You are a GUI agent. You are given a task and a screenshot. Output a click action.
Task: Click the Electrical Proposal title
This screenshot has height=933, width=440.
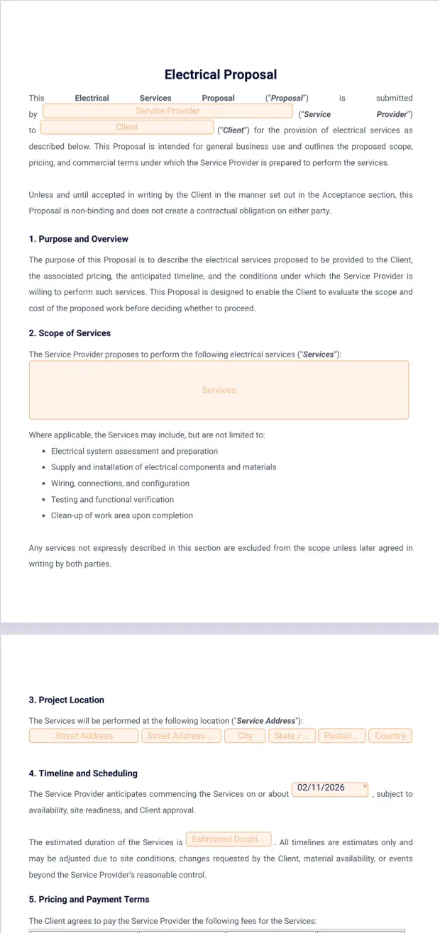(x=220, y=74)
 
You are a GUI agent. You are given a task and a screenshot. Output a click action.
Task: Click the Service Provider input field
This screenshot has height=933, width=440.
(x=167, y=111)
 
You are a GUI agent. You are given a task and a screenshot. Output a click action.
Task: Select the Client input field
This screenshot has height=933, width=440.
(x=127, y=128)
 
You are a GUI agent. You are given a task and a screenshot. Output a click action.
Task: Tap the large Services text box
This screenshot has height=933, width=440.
(x=219, y=390)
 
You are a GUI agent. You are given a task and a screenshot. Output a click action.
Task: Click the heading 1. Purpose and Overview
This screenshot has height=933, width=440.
(x=78, y=239)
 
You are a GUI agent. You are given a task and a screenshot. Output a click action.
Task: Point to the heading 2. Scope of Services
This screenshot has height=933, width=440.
(x=70, y=333)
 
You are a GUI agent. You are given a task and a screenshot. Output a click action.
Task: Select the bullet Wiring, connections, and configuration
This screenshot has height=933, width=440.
(x=120, y=484)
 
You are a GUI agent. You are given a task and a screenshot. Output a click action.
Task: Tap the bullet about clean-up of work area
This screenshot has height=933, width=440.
(x=121, y=516)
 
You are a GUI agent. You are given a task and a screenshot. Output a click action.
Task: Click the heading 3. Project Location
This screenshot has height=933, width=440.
(x=66, y=700)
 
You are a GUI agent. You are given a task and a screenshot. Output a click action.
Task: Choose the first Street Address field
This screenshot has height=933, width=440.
(x=84, y=736)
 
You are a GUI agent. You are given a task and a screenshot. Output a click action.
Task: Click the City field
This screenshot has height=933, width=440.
(x=245, y=736)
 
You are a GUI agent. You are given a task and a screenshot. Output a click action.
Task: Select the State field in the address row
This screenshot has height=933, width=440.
(x=291, y=736)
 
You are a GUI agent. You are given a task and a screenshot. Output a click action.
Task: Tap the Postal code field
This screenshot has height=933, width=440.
(x=343, y=736)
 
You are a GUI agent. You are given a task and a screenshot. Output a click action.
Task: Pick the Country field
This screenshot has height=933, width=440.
(x=390, y=736)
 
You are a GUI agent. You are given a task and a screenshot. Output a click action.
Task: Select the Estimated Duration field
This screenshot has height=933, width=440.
(x=229, y=839)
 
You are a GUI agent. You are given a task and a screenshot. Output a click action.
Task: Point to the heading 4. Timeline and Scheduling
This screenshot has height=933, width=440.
(x=83, y=773)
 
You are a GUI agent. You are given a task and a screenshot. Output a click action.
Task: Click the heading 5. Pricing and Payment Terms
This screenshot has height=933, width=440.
(x=89, y=900)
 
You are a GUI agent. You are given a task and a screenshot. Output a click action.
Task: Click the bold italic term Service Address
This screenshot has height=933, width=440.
(x=265, y=721)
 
